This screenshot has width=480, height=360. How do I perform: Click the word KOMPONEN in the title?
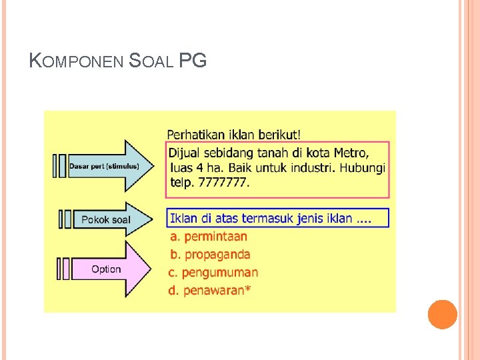(x=77, y=61)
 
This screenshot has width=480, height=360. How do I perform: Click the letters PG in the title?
(x=193, y=61)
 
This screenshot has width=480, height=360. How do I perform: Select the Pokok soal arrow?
(x=107, y=219)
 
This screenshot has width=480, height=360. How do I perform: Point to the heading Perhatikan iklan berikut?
(x=233, y=134)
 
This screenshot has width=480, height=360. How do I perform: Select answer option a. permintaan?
(x=209, y=236)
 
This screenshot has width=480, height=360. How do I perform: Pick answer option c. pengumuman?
(x=213, y=272)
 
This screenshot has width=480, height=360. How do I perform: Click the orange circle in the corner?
(x=442, y=314)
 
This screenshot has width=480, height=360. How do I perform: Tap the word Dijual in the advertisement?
(x=187, y=152)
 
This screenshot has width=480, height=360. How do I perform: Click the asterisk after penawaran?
(x=248, y=289)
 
